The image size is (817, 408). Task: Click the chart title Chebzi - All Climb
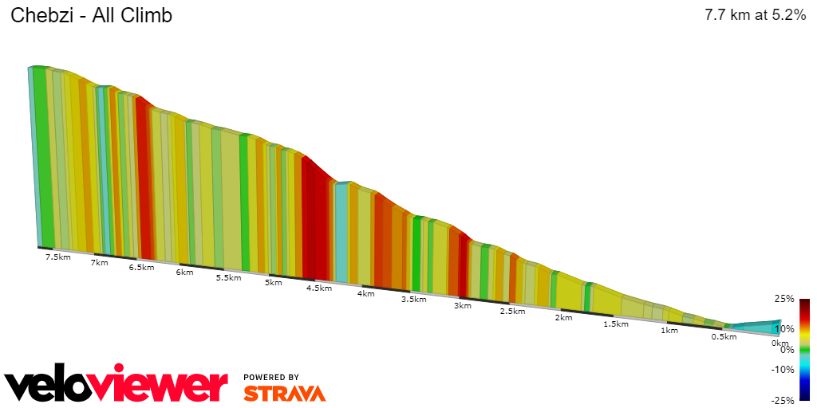tap(91, 16)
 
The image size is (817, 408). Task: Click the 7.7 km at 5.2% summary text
tap(755, 16)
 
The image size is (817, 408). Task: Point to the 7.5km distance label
tap(57, 257)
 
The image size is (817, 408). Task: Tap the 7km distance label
tap(100, 263)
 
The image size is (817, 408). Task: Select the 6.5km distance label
tap(141, 268)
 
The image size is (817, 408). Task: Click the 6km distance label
tap(184, 273)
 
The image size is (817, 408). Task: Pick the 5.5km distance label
tap(228, 278)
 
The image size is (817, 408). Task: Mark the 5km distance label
tap(274, 283)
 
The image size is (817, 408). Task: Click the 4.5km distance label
tap(318, 288)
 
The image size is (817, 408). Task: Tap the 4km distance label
tap(365, 294)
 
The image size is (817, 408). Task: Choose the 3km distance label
tap(462, 306)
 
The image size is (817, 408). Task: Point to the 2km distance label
tap(563, 318)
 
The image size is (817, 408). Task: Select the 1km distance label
tap(669, 331)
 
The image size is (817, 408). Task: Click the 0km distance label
tap(780, 343)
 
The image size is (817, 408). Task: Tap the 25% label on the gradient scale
tap(784, 299)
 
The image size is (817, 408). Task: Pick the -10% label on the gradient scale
tap(783, 370)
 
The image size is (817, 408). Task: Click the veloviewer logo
tap(116, 386)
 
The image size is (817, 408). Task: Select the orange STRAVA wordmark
tap(284, 393)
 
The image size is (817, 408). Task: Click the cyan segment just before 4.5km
tap(341, 231)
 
